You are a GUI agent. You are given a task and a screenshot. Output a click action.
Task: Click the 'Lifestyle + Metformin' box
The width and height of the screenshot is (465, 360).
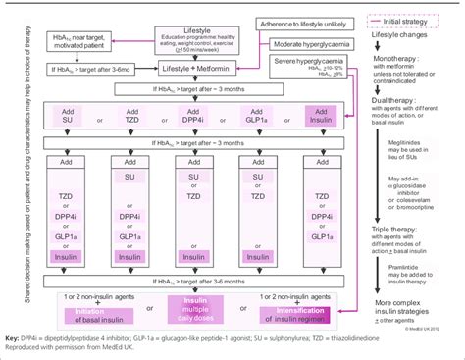pos(181,72)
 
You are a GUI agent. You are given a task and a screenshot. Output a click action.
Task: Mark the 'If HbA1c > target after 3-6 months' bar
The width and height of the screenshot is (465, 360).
pos(192,283)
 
